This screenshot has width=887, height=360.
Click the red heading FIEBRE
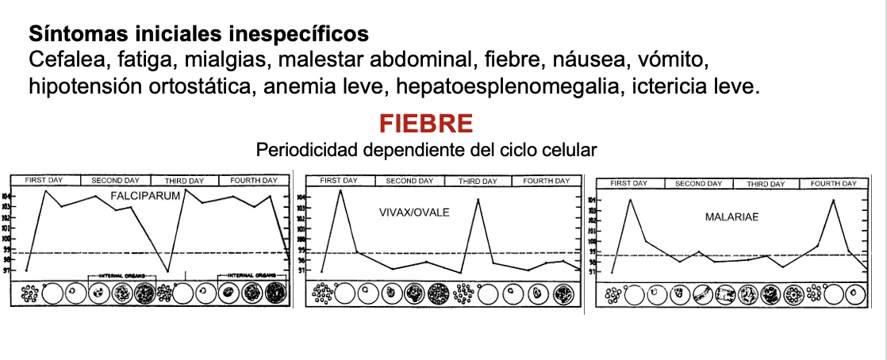click(426, 124)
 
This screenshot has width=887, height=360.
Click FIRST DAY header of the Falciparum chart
click(44, 181)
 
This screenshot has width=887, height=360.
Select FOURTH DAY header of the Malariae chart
click(833, 184)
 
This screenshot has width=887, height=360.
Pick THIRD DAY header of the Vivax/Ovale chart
click(478, 182)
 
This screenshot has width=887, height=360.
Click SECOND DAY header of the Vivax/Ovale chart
click(409, 182)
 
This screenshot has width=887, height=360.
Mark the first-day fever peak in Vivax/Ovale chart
click(341, 190)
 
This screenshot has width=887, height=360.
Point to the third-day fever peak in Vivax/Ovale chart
click(478, 199)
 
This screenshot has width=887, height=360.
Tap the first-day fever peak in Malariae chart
click(630, 199)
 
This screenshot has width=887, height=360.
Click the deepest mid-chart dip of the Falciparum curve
click(167, 271)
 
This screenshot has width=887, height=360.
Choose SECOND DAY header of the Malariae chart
click(698, 184)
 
